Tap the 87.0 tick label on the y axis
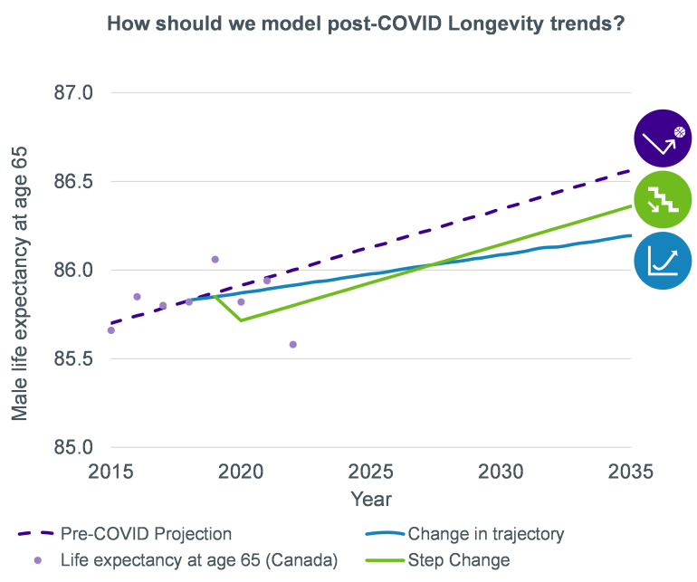point(76,92)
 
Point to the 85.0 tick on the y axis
point(76,447)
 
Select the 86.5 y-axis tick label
point(76,181)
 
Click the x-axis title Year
point(370,499)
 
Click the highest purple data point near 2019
point(215,259)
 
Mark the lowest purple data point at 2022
point(292,344)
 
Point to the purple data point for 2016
point(137,296)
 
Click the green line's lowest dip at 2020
point(241,320)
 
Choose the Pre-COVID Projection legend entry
point(145,533)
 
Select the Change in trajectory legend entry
point(485,533)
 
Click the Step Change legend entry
point(458,560)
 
